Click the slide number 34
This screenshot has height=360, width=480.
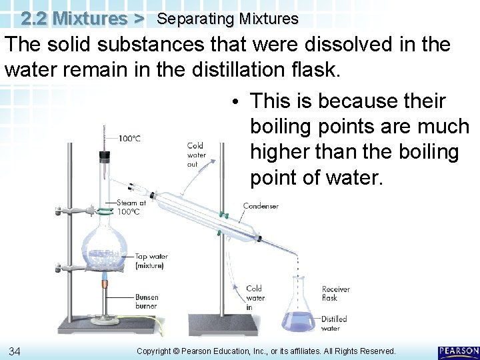[x=14, y=351]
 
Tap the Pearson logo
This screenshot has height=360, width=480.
[x=458, y=351]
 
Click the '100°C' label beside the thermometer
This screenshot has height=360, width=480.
[x=129, y=139]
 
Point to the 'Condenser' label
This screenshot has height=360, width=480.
[x=261, y=207]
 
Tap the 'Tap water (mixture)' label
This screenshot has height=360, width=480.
[x=151, y=261]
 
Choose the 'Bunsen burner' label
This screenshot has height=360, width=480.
[x=147, y=301]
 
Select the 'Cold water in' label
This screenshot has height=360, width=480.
[x=255, y=298]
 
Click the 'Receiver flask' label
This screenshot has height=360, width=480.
[x=335, y=293]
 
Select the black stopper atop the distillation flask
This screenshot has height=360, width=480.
[x=105, y=157]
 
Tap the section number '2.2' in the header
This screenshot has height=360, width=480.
[x=33, y=18]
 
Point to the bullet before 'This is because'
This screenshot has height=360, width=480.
[x=238, y=102]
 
